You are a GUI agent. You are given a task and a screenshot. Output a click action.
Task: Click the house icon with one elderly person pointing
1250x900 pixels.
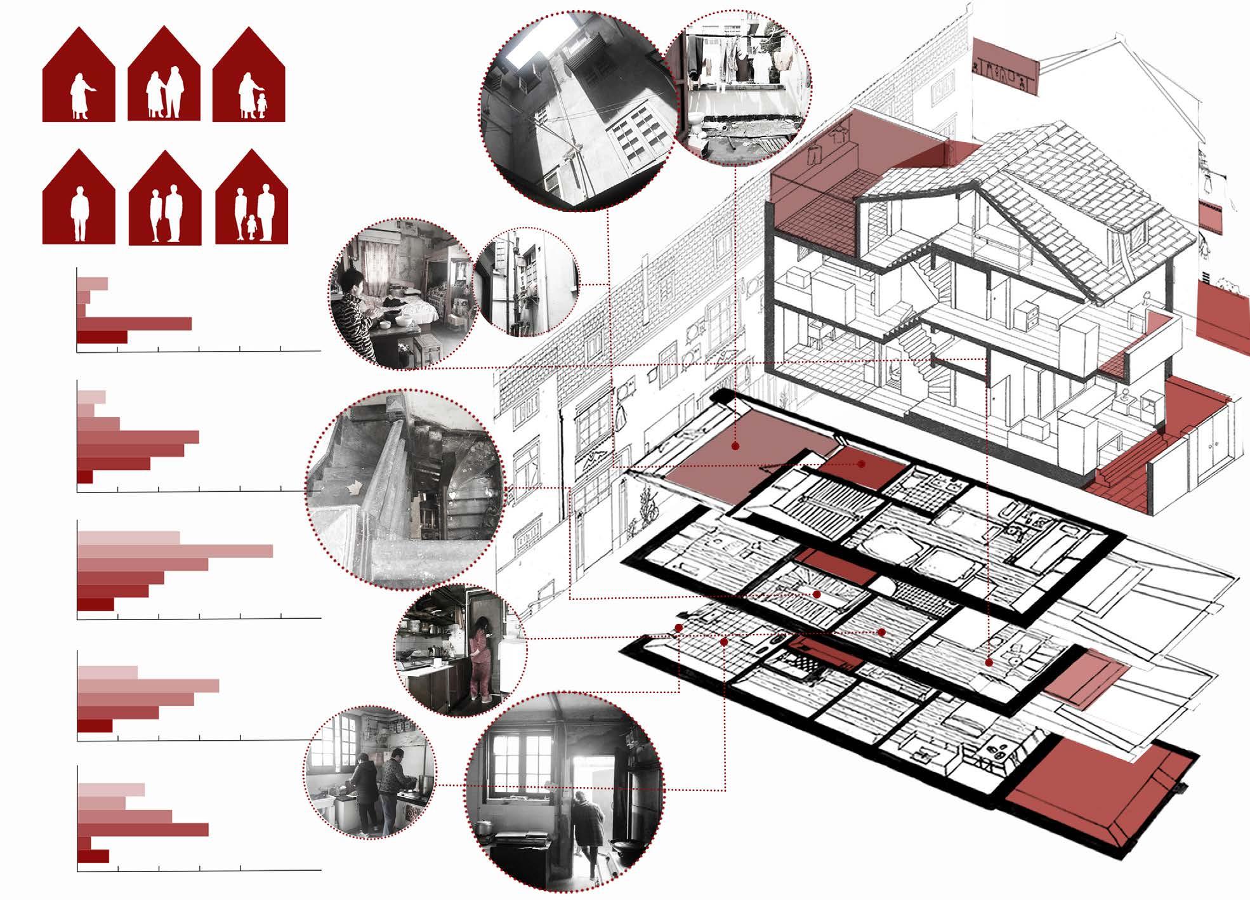click(x=79, y=76)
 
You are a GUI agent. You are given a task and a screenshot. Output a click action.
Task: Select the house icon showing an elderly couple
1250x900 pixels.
click(x=164, y=76)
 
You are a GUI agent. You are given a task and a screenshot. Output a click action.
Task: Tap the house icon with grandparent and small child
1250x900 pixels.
click(x=249, y=76)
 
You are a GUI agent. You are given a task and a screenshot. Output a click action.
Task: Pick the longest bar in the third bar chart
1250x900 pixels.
click(x=175, y=551)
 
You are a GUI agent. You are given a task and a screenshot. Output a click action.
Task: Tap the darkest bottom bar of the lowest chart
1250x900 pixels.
click(x=93, y=856)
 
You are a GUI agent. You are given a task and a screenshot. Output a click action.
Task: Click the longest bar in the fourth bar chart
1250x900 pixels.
click(x=148, y=685)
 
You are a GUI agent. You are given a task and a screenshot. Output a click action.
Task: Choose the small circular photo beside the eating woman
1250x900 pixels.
click(x=527, y=285)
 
